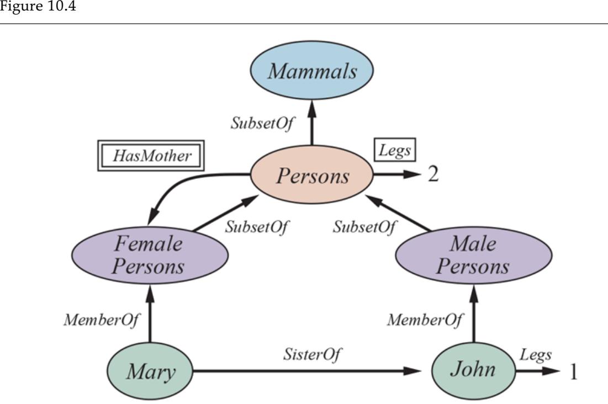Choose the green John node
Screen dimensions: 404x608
point(473,371)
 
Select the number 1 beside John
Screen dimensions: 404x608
point(573,371)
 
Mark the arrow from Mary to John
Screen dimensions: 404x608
point(304,371)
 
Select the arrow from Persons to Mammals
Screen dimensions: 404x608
point(312,124)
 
